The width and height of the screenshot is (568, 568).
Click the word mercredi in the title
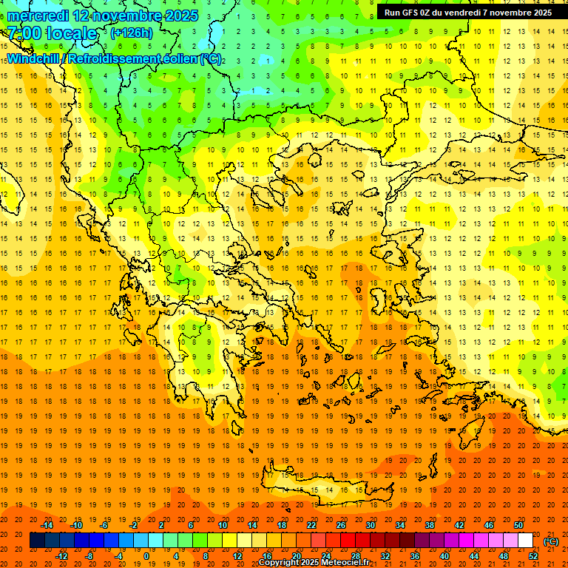click(x=38, y=16)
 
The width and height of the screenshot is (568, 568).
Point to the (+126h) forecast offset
click(x=131, y=33)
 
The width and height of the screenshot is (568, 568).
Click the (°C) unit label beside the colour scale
click(x=551, y=541)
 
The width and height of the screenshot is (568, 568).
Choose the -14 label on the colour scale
click(x=47, y=525)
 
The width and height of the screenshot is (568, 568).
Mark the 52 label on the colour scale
click(x=533, y=556)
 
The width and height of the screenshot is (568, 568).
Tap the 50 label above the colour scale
click(x=518, y=525)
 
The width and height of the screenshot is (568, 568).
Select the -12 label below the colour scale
click(x=61, y=556)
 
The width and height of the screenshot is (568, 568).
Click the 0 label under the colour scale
click(x=146, y=556)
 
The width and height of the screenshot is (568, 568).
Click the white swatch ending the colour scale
click(x=525, y=541)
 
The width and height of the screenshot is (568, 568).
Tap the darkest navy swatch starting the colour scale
click(x=37, y=541)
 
